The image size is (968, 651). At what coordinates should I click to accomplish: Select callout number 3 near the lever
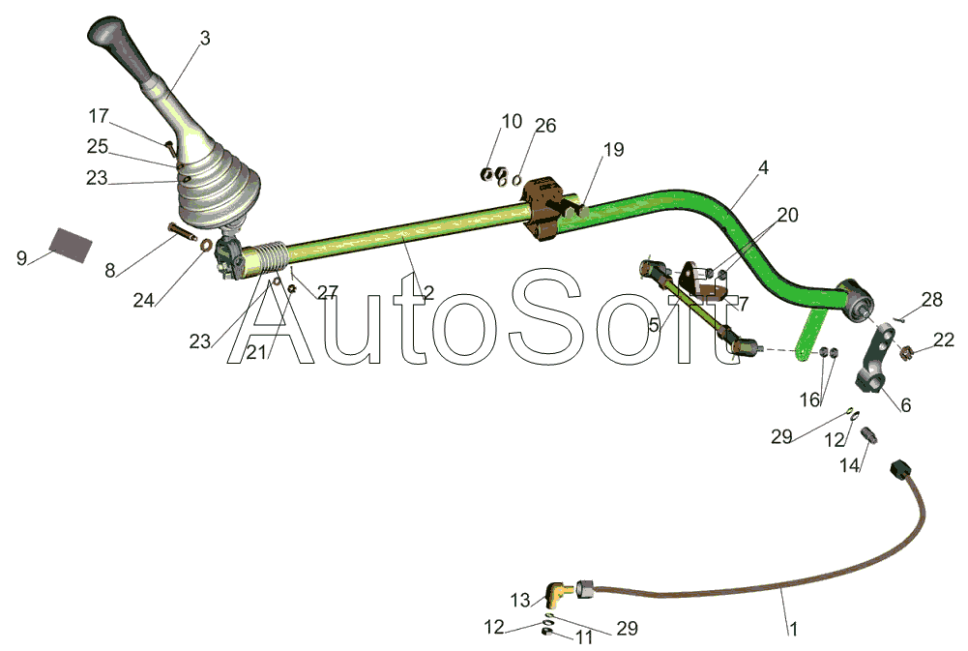(x=204, y=39)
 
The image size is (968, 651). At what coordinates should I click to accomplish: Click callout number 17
(x=99, y=116)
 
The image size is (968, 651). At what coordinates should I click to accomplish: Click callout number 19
(x=614, y=150)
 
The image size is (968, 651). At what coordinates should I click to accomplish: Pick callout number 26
(x=545, y=126)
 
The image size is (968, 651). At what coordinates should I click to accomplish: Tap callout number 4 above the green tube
(x=763, y=167)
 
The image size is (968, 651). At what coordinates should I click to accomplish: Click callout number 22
(x=944, y=340)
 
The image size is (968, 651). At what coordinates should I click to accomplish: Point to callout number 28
(x=931, y=301)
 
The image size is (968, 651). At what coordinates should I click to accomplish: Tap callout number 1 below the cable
(x=794, y=629)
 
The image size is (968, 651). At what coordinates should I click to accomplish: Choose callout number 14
(x=849, y=465)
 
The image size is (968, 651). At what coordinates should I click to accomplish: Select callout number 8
(x=111, y=270)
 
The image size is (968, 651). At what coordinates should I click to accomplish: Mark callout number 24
(x=143, y=300)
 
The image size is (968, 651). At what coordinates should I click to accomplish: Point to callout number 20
(x=787, y=215)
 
